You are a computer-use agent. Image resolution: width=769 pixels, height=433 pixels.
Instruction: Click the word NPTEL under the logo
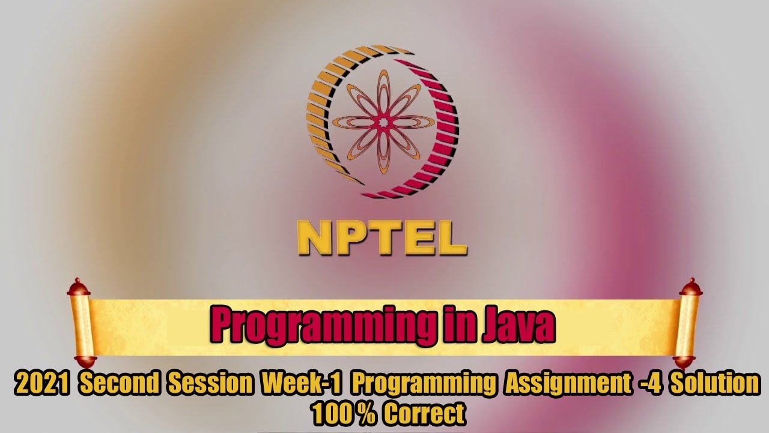tap(382, 238)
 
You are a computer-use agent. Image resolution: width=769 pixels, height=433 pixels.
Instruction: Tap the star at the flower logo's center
tap(382, 122)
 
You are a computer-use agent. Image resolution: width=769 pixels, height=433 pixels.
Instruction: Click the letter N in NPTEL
tap(312, 238)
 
